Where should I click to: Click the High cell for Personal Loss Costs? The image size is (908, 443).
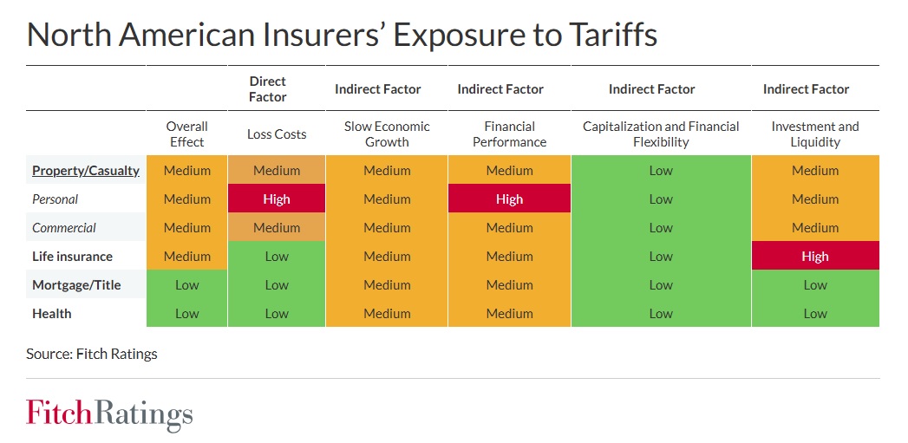click(x=277, y=199)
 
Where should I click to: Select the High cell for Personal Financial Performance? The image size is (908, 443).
click(x=509, y=199)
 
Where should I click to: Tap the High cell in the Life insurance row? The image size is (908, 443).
click(x=814, y=257)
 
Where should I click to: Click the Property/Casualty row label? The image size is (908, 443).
click(x=85, y=171)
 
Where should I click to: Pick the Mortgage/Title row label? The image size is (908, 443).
click(x=76, y=285)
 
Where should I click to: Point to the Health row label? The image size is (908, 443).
click(x=52, y=314)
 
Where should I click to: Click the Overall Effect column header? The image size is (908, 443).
click(x=186, y=134)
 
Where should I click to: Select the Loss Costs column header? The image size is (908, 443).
click(x=277, y=134)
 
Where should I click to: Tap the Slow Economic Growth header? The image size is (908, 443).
click(x=387, y=134)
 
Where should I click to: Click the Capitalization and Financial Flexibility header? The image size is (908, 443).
click(x=661, y=134)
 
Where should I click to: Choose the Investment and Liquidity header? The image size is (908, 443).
click(x=814, y=134)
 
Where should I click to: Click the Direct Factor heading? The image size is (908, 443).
click(x=267, y=88)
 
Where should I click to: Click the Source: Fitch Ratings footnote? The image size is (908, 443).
click(x=92, y=354)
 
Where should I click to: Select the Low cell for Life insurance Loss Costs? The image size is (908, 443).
click(x=277, y=257)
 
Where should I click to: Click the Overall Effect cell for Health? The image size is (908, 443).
click(x=186, y=314)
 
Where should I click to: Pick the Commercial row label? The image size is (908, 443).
click(x=64, y=228)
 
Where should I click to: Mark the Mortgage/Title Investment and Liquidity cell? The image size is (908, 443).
click(x=814, y=285)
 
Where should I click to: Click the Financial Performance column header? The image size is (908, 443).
click(x=509, y=134)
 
